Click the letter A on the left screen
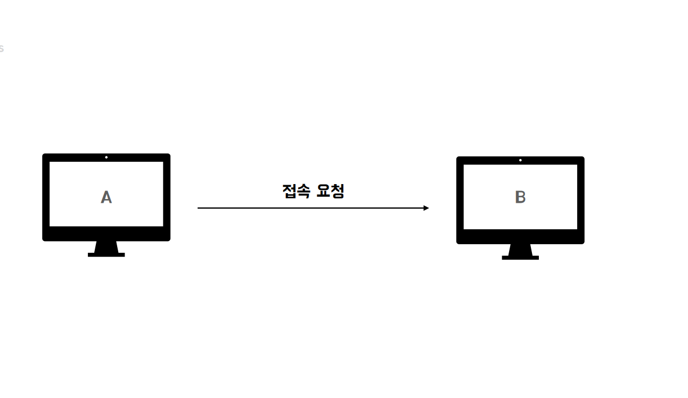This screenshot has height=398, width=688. [x=107, y=197]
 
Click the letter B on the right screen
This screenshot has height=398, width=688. [x=520, y=197]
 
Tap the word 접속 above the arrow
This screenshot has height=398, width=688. [x=296, y=191]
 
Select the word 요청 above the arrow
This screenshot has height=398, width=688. [x=330, y=191]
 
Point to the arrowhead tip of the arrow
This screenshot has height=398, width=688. [x=428, y=208]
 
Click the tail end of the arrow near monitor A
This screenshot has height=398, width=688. [x=199, y=208]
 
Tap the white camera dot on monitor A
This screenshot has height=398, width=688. [x=107, y=157]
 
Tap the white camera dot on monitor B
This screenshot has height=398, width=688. [x=520, y=160]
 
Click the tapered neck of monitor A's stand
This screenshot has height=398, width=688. [x=107, y=247]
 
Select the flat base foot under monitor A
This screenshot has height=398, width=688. [x=107, y=255]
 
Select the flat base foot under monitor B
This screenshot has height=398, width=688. [x=520, y=258]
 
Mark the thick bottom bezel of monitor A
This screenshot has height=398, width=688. [x=107, y=234]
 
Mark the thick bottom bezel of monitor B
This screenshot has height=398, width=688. [x=520, y=236]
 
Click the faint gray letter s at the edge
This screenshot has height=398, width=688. [x=2, y=48]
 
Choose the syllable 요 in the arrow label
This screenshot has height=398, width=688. [x=323, y=191]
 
